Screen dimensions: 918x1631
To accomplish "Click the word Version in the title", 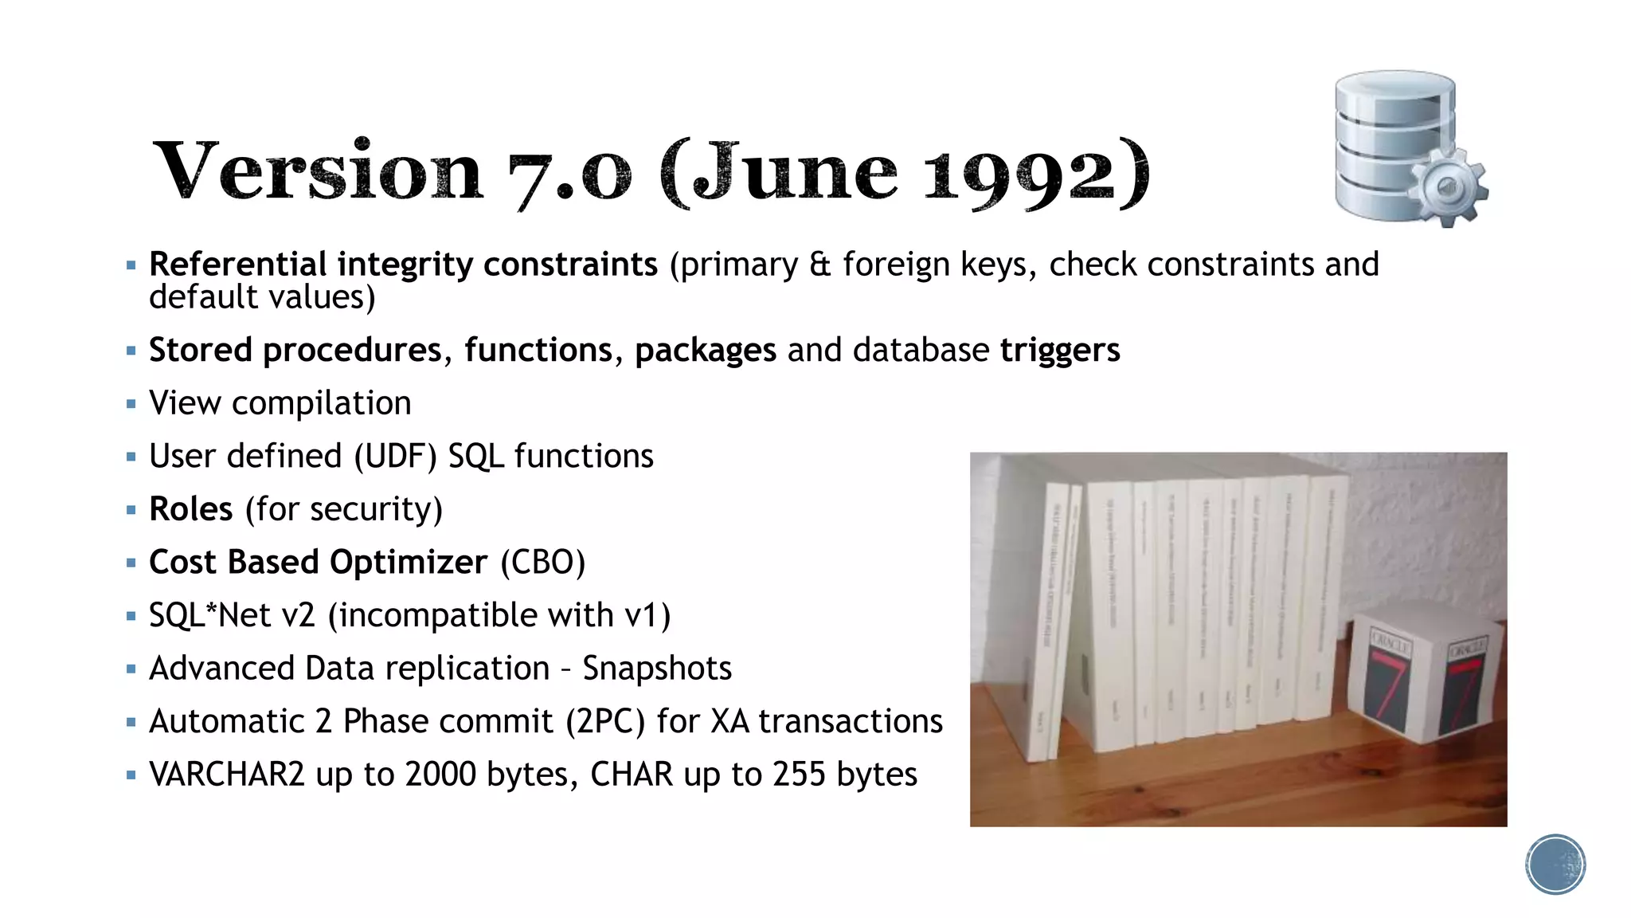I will pyautogui.click(x=318, y=171).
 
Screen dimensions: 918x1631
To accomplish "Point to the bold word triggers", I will pyautogui.click(x=1059, y=350).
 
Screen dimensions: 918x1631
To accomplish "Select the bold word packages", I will pyautogui.click(x=705, y=351).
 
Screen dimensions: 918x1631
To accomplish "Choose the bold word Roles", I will pyautogui.click(x=191, y=509).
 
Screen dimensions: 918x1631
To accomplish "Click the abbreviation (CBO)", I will pyautogui.click(x=542, y=563).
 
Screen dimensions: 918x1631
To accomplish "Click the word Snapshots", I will pyautogui.click(x=656, y=669).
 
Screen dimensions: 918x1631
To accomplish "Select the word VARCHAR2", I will pyautogui.click(x=226, y=775).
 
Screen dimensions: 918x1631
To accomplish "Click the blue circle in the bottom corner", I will pyautogui.click(x=1555, y=864).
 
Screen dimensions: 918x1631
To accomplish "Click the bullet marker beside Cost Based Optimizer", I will pyautogui.click(x=131, y=563).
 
